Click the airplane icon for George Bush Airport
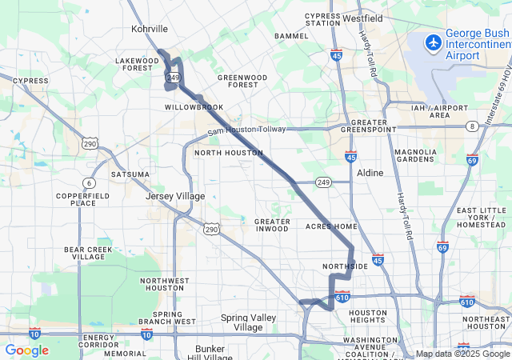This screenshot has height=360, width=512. pos(434,42)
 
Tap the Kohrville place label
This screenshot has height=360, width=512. pos(150,29)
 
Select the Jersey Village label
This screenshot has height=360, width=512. pos(175,196)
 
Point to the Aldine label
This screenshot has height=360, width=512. pos(369,173)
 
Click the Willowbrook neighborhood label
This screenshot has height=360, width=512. pos(194,106)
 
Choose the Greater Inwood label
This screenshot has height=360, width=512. pos(272,225)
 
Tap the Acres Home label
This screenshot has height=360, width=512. pos(331,226)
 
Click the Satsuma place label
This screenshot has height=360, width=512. pos(130,174)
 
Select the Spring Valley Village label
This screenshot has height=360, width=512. pos(248,322)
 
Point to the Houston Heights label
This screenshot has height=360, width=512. pos(368,318)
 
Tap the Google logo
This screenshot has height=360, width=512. pos(26,350)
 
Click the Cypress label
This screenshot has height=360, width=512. pos(30,81)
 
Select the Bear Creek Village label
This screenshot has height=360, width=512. pos(88,254)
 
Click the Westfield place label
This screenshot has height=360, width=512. pos(362,18)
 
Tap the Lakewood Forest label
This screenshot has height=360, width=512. pos(138,64)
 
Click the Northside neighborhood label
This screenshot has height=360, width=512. pos(346,266)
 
